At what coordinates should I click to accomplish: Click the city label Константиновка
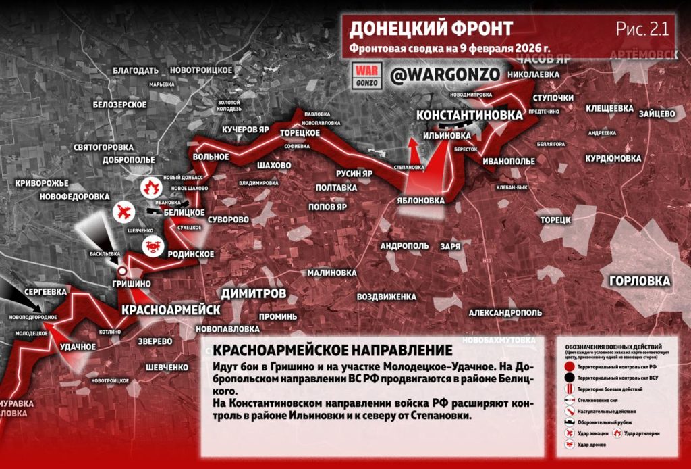[469, 115]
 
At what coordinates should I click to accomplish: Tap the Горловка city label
[639, 281]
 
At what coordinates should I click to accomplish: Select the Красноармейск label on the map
[171, 310]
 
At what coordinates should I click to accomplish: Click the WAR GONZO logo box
[368, 75]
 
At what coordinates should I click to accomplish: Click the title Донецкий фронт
[431, 29]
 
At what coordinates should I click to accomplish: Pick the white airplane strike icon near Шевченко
[123, 212]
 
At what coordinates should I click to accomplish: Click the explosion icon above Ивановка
[149, 187]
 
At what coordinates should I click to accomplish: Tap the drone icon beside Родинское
[151, 247]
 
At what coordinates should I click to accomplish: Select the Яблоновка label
[420, 201]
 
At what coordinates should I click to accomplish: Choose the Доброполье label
[129, 161]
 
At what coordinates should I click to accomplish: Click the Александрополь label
[505, 313]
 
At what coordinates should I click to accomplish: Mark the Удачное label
[78, 346]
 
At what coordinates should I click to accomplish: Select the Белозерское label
[120, 104]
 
